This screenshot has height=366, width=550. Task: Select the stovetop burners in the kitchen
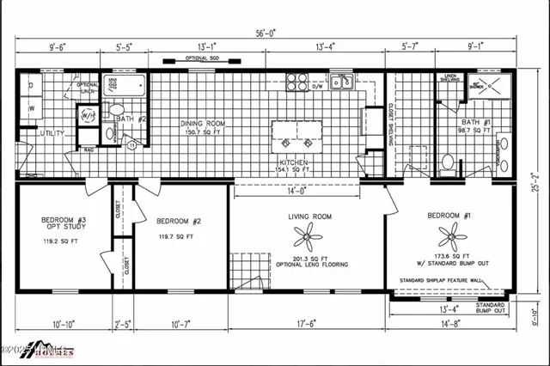296,82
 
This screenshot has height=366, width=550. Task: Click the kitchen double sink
343,83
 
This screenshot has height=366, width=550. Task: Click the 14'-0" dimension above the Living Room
284,192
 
